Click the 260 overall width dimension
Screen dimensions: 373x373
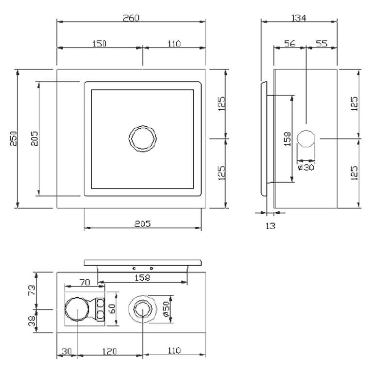coord(131,18)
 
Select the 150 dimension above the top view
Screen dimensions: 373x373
coord(99,44)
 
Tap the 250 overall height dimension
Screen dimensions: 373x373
coord(13,139)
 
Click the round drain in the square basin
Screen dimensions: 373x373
coord(143,139)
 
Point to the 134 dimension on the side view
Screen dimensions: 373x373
coord(299,18)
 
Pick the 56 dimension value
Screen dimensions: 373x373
coord(289,44)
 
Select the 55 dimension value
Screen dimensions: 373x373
coord(322,44)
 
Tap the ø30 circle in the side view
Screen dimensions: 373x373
coord(306,139)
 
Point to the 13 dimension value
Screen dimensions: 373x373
coord(271,225)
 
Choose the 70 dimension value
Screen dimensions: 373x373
coord(85,282)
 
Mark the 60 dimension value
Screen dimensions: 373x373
coord(113,308)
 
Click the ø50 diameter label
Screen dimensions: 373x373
coord(166,309)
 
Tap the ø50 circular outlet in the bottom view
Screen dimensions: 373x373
coord(142,309)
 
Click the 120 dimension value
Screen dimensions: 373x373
coord(109,350)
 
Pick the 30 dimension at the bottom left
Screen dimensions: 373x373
coord(67,350)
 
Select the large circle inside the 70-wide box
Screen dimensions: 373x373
coord(77,309)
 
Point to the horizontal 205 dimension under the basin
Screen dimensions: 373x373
coord(142,224)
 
